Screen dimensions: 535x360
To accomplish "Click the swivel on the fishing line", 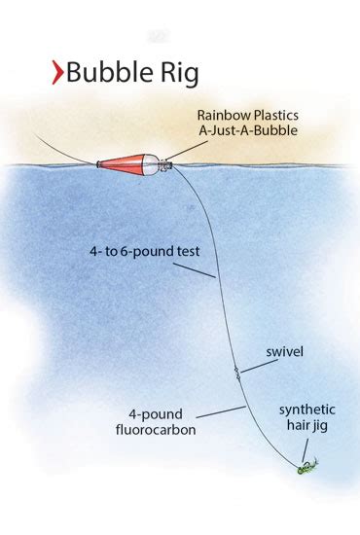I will (236, 371).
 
